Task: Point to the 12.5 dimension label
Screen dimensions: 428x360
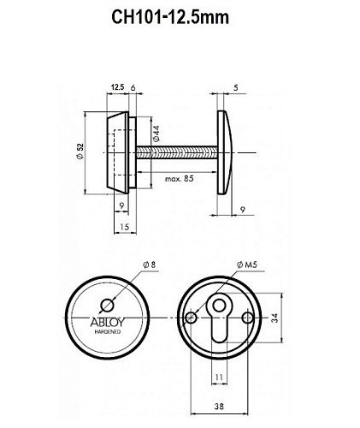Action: point(118,86)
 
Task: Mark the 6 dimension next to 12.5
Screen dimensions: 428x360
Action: point(134,86)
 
